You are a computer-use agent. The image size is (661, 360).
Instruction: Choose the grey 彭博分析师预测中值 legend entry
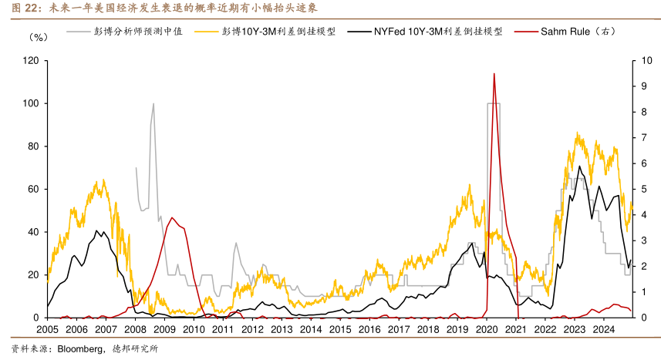(137, 34)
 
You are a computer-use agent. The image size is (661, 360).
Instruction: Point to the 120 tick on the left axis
(31, 60)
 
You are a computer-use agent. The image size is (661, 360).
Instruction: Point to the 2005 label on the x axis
(48, 329)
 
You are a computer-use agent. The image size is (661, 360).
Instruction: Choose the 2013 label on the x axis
(282, 329)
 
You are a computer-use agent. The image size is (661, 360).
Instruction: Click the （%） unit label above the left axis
(39, 36)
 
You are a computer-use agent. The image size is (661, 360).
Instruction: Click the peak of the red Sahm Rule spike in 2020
(494, 74)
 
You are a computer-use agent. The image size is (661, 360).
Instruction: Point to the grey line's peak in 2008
(153, 103)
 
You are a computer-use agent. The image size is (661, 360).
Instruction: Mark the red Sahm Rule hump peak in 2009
(171, 217)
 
